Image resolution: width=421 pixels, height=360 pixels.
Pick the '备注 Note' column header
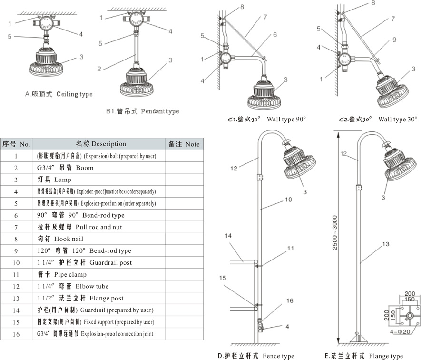[x=184, y=144]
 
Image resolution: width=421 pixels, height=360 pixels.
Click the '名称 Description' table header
[x=101, y=144]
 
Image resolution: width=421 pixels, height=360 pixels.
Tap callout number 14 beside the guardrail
[x=228, y=236]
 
